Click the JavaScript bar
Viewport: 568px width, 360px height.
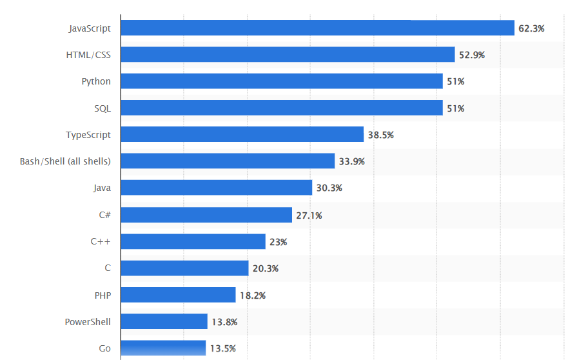(317, 28)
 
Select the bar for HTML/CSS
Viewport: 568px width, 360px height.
(288, 55)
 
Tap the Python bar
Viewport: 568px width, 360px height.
(281, 81)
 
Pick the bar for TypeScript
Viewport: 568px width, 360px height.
(242, 134)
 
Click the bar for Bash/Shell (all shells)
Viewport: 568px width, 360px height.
(228, 161)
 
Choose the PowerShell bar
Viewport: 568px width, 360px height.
(164, 321)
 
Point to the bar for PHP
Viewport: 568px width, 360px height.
(178, 295)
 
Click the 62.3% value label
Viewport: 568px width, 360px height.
(531, 28)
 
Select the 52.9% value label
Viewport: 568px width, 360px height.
(472, 55)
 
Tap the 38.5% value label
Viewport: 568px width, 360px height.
(380, 135)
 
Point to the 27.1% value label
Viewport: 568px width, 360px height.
(309, 215)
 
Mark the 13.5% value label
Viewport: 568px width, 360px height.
(222, 348)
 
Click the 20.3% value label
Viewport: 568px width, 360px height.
(266, 268)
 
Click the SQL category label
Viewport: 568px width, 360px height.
(103, 108)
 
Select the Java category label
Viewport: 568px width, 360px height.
(102, 188)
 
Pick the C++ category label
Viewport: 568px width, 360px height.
(101, 241)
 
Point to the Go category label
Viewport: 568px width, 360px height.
(104, 348)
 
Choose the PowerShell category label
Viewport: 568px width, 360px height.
(88, 321)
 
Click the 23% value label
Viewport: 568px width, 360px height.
(279, 242)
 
